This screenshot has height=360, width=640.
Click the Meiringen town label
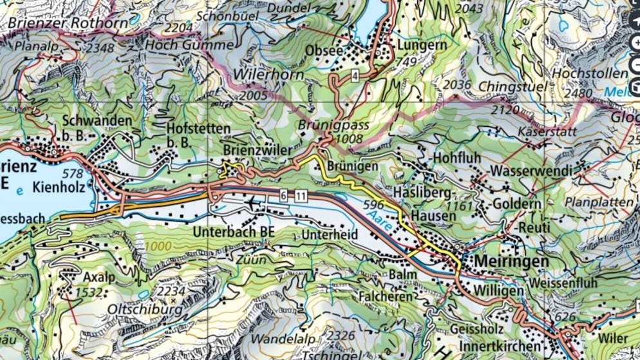tap(513, 261)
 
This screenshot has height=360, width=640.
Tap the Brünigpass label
tap(334, 125)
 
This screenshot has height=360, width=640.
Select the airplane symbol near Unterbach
tap(251, 204)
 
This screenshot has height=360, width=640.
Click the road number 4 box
tap(355, 77)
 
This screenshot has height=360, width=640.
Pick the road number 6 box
tap(283, 195)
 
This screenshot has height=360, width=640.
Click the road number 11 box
tap(300, 195)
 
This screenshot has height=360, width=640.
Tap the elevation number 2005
tap(252, 95)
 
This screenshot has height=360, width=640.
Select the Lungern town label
tap(422, 46)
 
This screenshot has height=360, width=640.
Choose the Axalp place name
tap(99, 277)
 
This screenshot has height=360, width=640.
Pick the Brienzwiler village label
tap(253, 149)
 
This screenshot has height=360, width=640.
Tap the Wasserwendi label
tap(531, 171)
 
